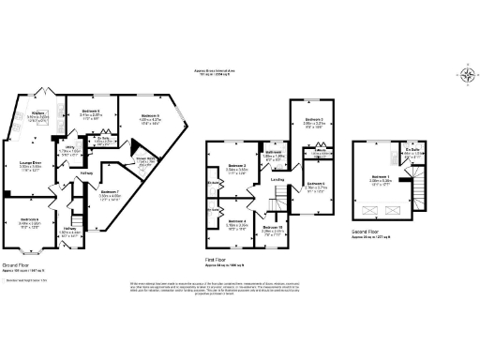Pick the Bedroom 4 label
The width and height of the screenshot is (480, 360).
coord(234,223)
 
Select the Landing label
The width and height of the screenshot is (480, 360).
coord(277,179)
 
